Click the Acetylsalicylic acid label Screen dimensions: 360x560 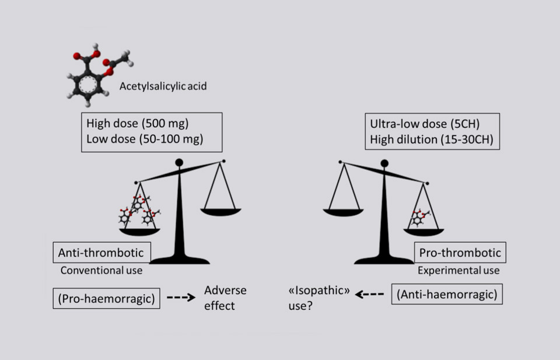coord(163,87)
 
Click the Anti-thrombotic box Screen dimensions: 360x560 coord(101,253)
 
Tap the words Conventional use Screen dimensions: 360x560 coord(101,271)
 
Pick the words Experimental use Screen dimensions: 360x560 coord(459,271)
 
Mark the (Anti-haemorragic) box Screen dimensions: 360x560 coord(447,295)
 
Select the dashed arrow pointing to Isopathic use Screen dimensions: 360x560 coord(369,295)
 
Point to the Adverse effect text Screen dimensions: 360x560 coord(225,298)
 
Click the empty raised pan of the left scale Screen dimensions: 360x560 coord(221,211)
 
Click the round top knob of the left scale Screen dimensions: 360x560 coord(180,162)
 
